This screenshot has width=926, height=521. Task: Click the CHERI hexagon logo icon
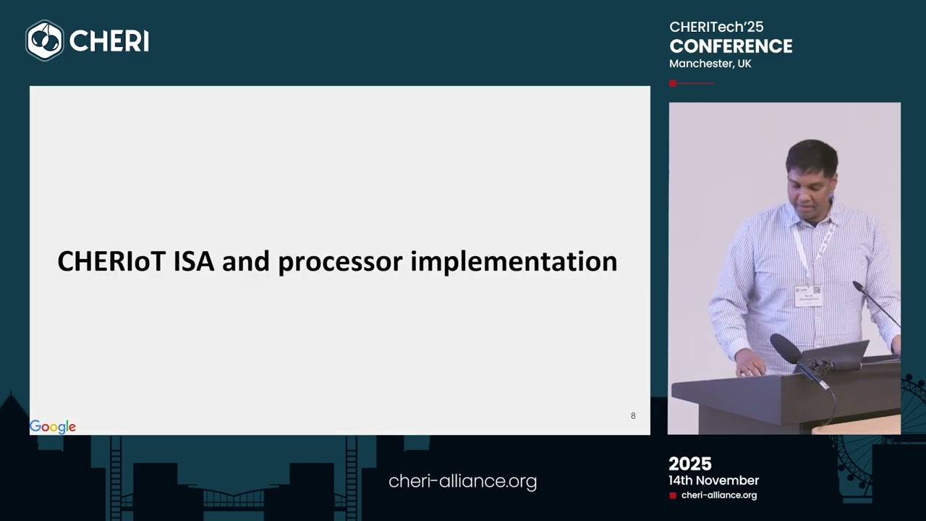45,41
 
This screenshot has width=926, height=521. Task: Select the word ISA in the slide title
194,261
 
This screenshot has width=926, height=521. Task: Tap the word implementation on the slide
514,262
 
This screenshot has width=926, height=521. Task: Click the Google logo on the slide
53,427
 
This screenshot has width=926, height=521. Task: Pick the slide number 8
633,416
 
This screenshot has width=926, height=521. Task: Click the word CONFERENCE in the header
731,46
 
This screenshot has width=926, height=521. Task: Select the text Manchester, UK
710,64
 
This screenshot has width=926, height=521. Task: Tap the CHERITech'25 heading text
716,27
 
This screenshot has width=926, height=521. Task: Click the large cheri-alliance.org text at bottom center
462,481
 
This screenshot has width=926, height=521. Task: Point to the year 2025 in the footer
690,464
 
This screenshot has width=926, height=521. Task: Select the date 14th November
713,480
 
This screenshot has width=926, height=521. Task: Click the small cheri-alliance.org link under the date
719,496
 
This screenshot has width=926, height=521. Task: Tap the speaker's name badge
808,295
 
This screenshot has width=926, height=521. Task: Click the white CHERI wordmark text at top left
109,41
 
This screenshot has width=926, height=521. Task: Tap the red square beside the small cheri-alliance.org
673,496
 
